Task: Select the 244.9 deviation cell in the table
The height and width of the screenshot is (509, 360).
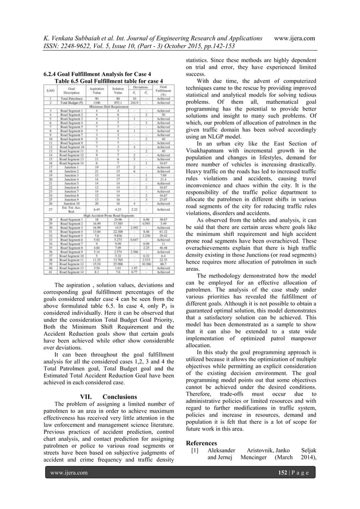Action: tap(134, 103)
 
